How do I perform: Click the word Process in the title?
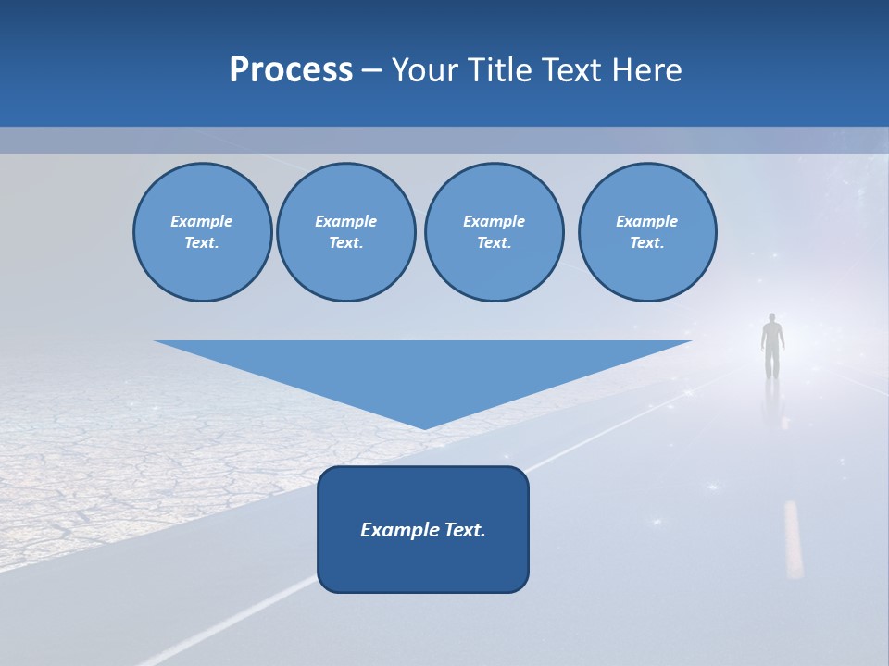[291, 70]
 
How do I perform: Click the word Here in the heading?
[645, 70]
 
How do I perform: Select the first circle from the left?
[202, 232]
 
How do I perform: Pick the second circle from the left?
[345, 232]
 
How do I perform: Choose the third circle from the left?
[494, 232]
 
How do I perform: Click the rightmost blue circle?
[646, 232]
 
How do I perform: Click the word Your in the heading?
[423, 70]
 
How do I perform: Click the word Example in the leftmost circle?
[202, 221]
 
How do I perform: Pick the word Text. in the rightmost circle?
[646, 243]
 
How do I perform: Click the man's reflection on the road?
[773, 398]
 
